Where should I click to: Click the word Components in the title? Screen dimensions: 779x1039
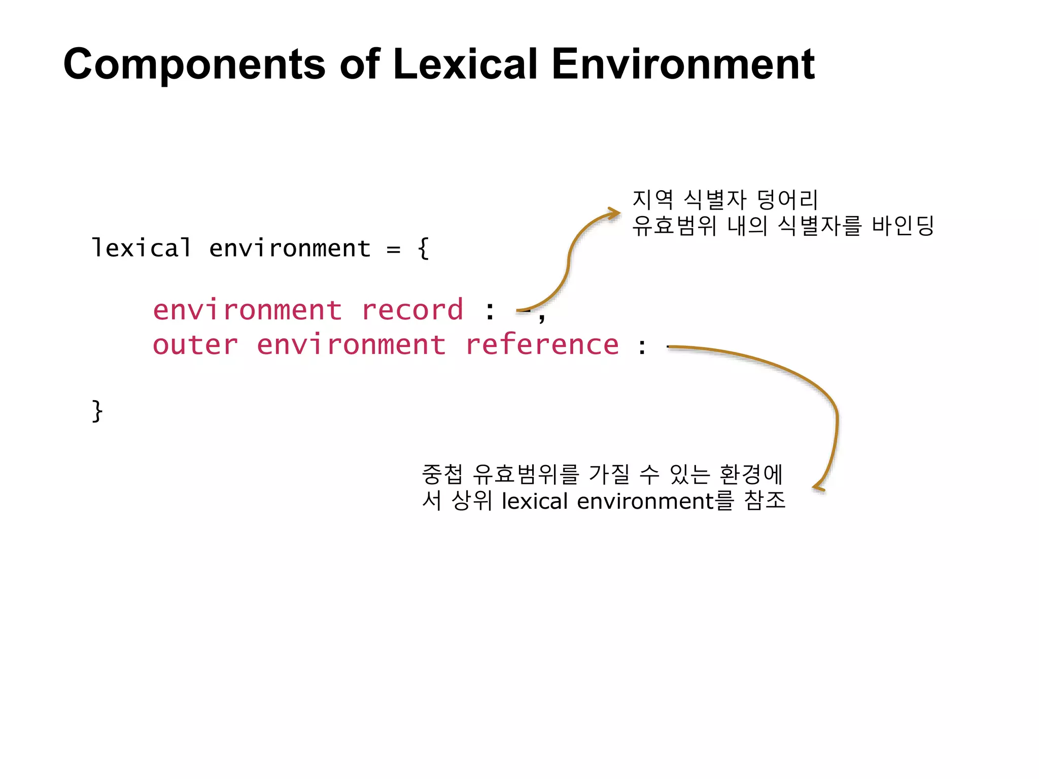194,64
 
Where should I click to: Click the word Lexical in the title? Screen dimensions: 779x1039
465,64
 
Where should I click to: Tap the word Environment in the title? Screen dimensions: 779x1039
683,64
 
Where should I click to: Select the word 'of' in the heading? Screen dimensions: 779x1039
360,64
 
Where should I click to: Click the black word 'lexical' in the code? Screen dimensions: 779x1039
142,248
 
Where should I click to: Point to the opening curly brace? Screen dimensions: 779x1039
424,249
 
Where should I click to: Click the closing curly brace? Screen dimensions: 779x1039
97,410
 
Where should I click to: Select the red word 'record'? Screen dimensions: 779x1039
412,310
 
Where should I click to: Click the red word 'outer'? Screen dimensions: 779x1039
195,345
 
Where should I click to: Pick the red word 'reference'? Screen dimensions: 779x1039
542,345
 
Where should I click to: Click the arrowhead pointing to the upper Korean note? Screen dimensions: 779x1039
615,214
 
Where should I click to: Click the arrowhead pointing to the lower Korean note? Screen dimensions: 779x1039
818,487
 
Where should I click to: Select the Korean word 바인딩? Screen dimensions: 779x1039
903,226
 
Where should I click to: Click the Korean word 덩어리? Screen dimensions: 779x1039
787,199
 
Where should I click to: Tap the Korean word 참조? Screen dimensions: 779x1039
765,501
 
